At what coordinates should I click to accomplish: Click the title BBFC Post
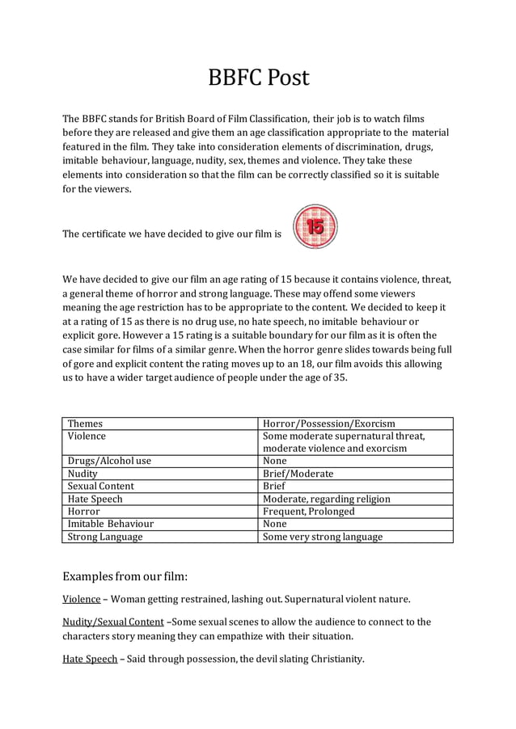click(x=258, y=78)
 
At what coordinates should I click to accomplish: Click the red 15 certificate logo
click(x=315, y=227)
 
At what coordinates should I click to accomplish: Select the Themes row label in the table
click(x=85, y=423)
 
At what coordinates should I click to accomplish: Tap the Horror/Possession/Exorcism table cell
click(x=328, y=423)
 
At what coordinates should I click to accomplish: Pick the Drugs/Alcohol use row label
click(x=109, y=461)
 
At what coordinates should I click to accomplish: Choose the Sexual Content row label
click(x=101, y=487)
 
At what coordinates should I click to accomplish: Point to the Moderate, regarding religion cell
click(x=326, y=499)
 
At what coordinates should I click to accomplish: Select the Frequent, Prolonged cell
click(x=308, y=512)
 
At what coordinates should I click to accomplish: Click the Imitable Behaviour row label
click(x=111, y=524)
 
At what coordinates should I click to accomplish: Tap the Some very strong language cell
click(x=323, y=537)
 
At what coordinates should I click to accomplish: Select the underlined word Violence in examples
click(x=82, y=600)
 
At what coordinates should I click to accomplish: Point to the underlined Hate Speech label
click(x=90, y=659)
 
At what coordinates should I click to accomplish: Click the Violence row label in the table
click(x=87, y=436)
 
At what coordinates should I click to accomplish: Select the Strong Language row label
click(x=105, y=537)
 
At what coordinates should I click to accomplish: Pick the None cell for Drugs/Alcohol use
click(x=275, y=461)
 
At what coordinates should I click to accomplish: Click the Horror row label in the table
click(x=84, y=512)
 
